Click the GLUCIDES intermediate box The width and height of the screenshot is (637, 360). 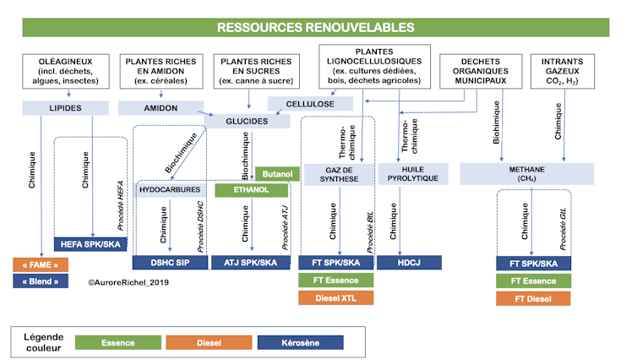(247, 122)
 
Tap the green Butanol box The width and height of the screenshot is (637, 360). (276, 173)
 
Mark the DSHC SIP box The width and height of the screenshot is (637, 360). (170, 262)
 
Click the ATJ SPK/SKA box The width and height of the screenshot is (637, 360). (250, 262)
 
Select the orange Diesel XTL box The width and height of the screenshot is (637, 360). (335, 297)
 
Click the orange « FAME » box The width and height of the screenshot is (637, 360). (41, 264)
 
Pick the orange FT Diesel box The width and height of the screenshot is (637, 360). (532, 298)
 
